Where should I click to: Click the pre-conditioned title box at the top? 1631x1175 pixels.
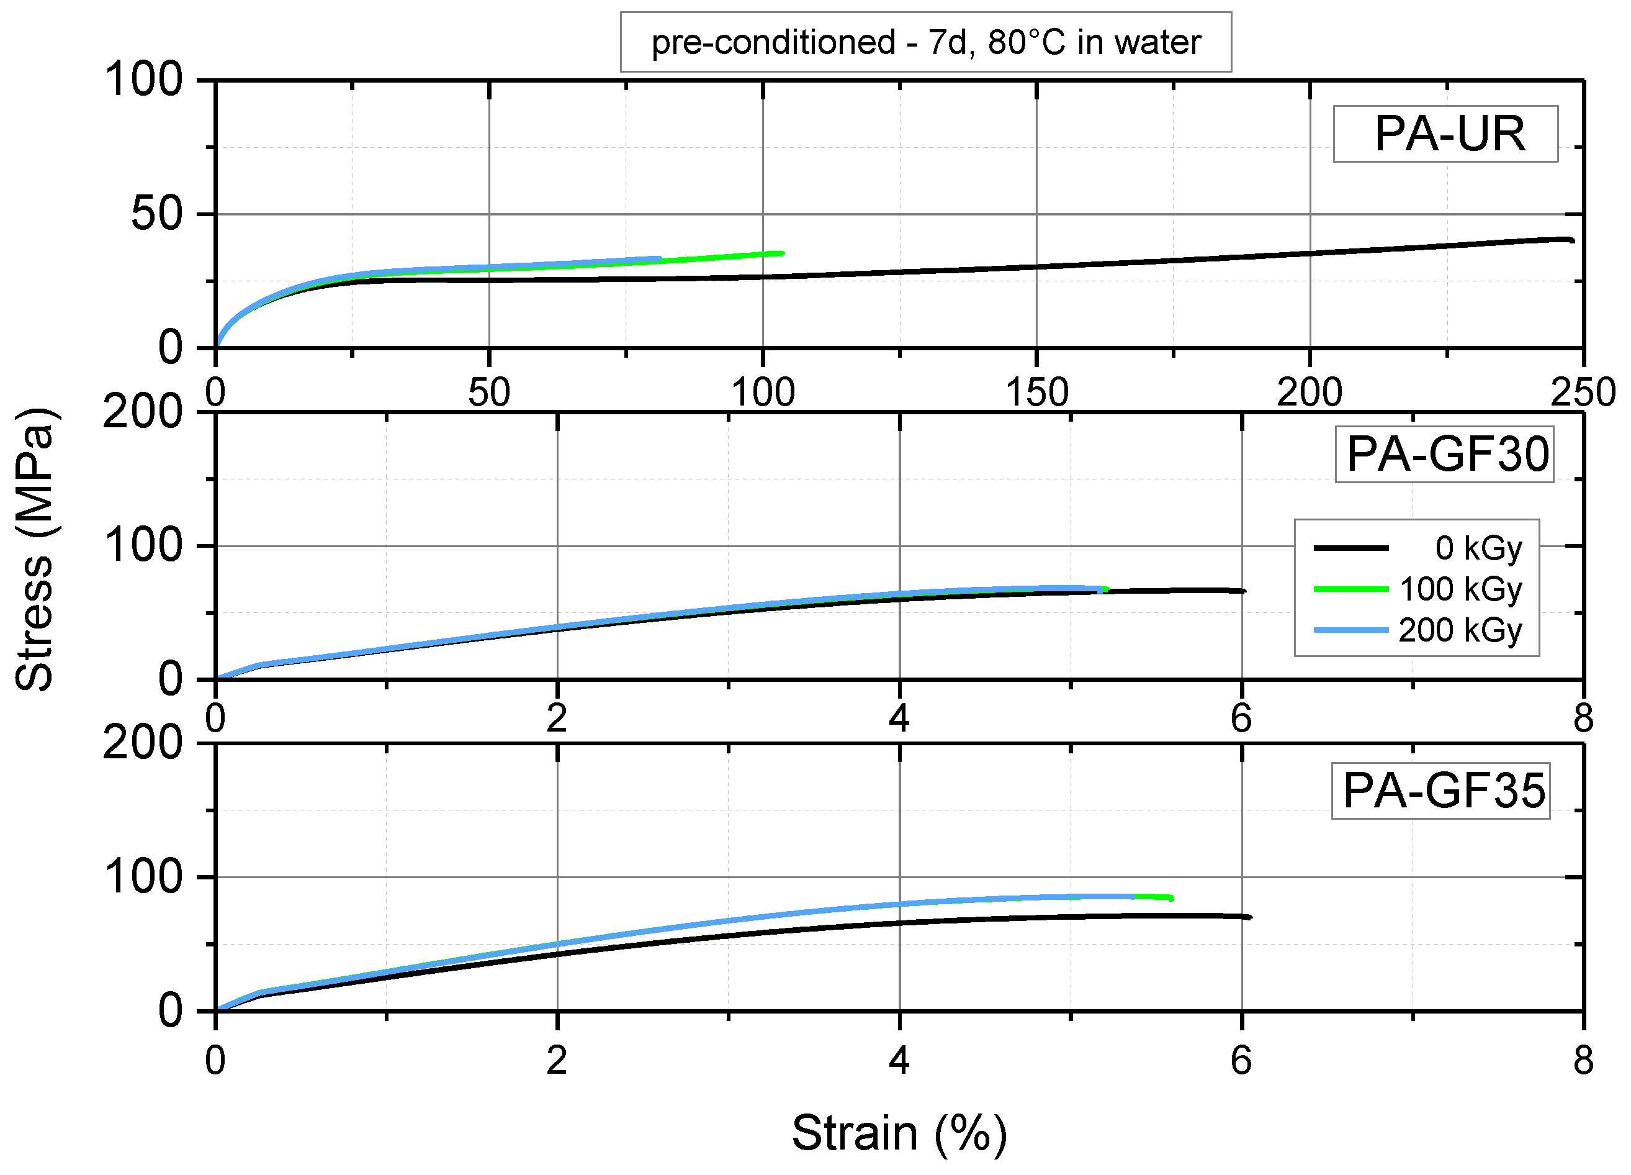click(x=925, y=42)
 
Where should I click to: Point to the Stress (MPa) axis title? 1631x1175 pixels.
click(x=35, y=550)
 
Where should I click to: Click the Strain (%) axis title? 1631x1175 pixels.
click(x=899, y=1133)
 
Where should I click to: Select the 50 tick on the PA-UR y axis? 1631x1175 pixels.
click(x=157, y=214)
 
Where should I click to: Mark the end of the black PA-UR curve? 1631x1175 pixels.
click(x=1573, y=240)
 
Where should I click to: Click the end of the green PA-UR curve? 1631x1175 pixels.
click(x=783, y=253)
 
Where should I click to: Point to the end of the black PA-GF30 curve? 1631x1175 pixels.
click(x=1244, y=591)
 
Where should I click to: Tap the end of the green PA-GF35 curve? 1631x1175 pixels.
click(x=1172, y=898)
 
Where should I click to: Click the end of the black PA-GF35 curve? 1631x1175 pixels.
click(x=1250, y=917)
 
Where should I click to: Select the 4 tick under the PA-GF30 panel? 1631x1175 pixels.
click(x=899, y=719)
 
